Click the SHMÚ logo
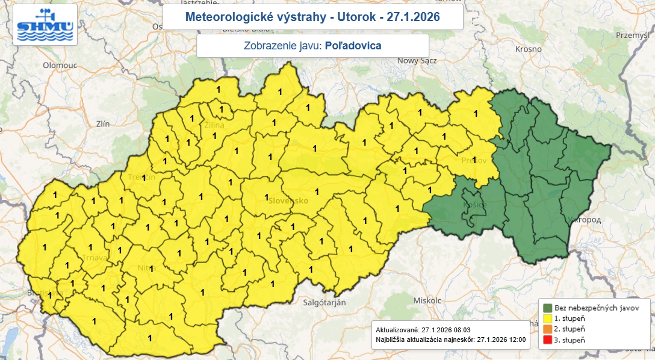(45, 25)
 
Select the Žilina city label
(214, 125)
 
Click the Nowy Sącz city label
(416, 60)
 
